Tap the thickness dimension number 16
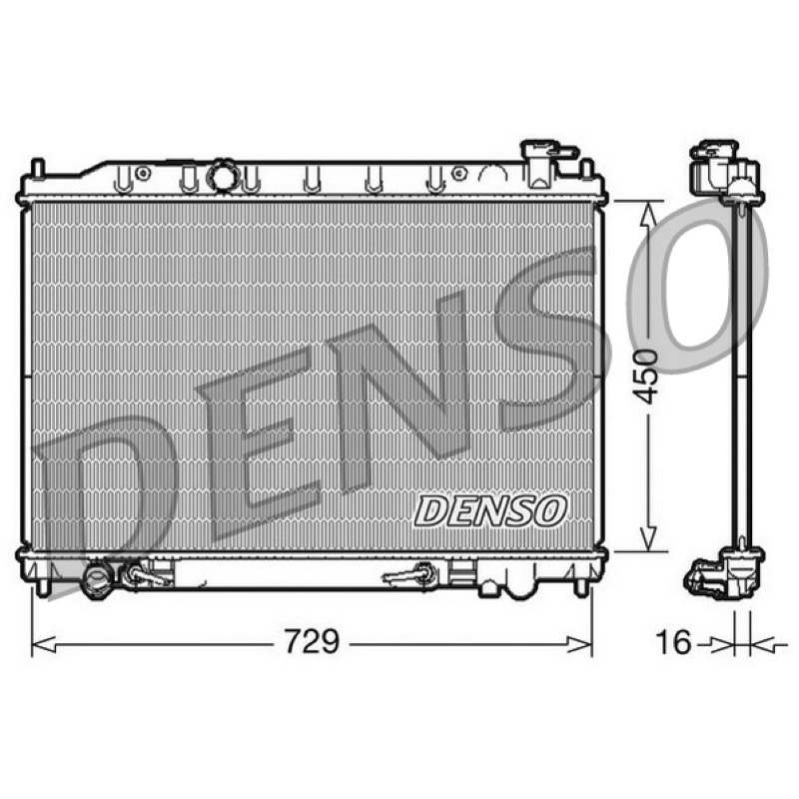[x=673, y=641]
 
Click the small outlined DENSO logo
[x=490, y=511]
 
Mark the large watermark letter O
[x=698, y=286]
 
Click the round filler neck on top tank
[x=223, y=176]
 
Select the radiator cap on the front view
[x=546, y=163]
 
